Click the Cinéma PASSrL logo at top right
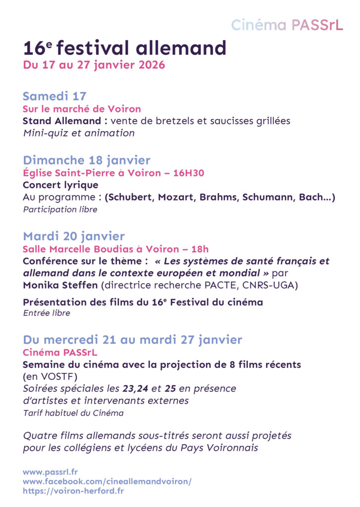pyautogui.click(x=287, y=25)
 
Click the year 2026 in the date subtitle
pyautogui.click(x=151, y=65)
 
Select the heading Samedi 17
pyautogui.click(x=54, y=96)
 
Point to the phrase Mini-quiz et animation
pyautogui.click(x=79, y=133)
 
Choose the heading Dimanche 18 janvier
pyautogui.click(x=87, y=160)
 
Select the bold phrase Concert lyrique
pyautogui.click(x=60, y=185)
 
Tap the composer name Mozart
pyautogui.click(x=177, y=198)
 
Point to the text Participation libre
pyautogui.click(x=60, y=209)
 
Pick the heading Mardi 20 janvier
pyautogui.click(x=74, y=236)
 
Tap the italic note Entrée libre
pyautogui.click(x=47, y=313)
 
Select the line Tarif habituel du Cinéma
pyautogui.click(x=73, y=412)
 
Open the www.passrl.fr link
pyautogui.click(x=50, y=472)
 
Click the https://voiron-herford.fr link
pyautogui.click(x=73, y=491)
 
